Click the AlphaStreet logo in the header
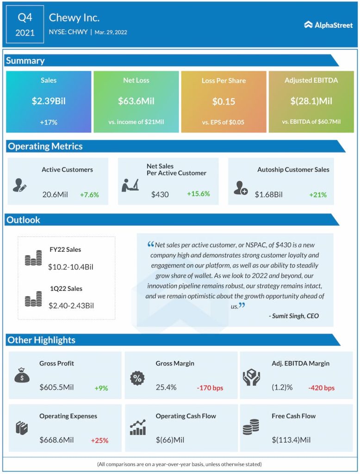[328, 25]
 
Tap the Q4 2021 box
[25, 25]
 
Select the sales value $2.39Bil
[49, 101]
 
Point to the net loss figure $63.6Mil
[136, 101]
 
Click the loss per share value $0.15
[223, 101]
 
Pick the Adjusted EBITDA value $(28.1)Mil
[311, 101]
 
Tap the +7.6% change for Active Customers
[90, 194]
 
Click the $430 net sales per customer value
[160, 194]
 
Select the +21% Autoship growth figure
[318, 194]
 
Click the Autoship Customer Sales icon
[241, 187]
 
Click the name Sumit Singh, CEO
[294, 316]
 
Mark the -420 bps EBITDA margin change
[321, 388]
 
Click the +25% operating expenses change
[99, 440]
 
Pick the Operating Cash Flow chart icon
[138, 428]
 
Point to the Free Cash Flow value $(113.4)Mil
[291, 440]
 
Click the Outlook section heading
[24, 220]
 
